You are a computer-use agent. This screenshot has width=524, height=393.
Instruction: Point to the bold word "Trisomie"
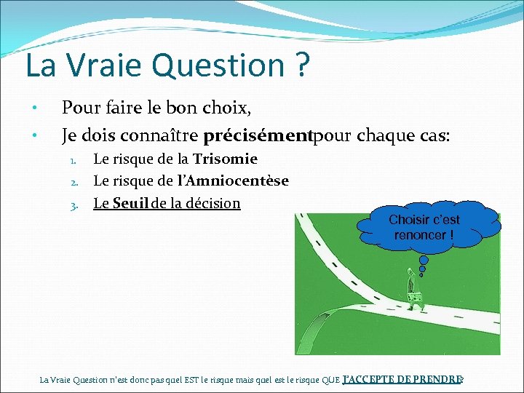(x=225, y=159)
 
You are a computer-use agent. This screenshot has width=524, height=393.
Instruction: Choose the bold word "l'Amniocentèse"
(x=233, y=180)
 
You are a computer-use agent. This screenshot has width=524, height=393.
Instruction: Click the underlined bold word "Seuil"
(x=130, y=203)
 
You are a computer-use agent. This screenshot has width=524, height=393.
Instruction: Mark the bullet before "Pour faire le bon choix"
(x=33, y=109)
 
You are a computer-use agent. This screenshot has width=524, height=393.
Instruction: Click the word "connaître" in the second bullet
(x=162, y=135)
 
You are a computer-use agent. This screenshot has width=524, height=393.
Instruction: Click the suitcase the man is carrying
(x=417, y=299)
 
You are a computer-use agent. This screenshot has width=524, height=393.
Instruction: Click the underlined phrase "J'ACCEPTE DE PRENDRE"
(x=402, y=379)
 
